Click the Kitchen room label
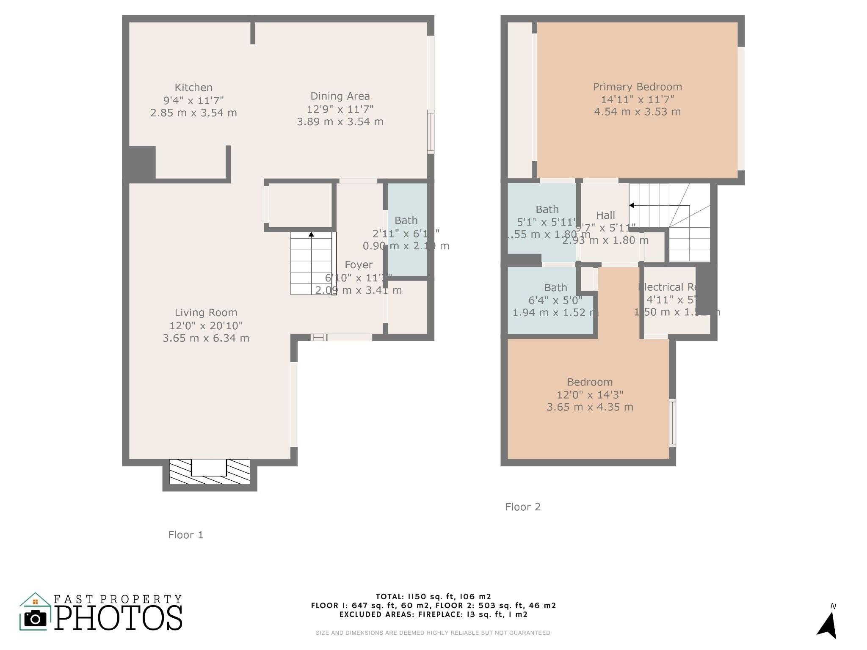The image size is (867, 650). click(193, 88)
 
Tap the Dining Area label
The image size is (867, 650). click(340, 96)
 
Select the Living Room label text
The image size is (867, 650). click(206, 313)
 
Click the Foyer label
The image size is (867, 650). click(359, 265)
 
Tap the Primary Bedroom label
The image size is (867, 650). click(637, 87)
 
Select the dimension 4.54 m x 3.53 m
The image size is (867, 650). click(637, 112)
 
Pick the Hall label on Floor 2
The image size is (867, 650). click(605, 215)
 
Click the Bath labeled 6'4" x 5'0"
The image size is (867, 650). click(555, 288)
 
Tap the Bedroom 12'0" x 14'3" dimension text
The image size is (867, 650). click(590, 395)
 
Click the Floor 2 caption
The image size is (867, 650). click(523, 507)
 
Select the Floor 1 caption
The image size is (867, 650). click(185, 535)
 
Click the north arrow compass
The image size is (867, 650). click(828, 625)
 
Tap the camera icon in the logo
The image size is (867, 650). click(35, 619)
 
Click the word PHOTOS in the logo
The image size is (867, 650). click(119, 618)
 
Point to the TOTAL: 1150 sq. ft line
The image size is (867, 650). click(433, 597)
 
